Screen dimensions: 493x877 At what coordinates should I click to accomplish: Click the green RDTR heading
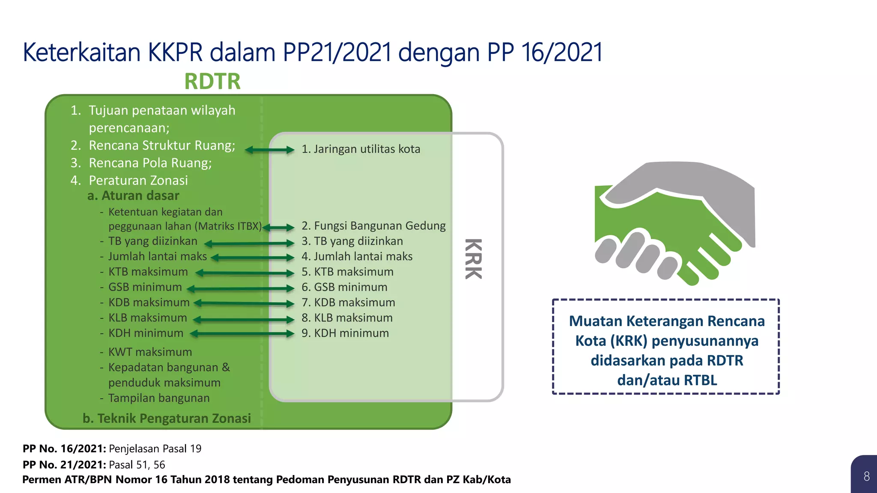[x=212, y=81]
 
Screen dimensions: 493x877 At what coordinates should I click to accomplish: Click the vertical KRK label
[x=474, y=258]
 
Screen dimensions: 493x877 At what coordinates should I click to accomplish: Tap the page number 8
[x=866, y=476]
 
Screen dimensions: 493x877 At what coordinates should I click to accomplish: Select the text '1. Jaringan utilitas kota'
[x=361, y=149]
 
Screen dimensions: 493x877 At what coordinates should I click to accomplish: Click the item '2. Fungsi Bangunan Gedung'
[x=373, y=226]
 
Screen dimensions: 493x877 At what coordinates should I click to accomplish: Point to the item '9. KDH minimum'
[x=345, y=333]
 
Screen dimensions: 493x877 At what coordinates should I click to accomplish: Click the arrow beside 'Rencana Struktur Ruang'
[x=269, y=150]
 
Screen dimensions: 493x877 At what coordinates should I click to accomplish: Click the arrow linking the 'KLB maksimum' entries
[x=243, y=319]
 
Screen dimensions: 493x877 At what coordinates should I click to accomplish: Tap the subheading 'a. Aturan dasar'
[x=133, y=196]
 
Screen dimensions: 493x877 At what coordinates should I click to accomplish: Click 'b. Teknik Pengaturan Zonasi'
[x=167, y=418]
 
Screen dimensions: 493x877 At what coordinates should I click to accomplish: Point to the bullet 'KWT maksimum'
[x=150, y=352]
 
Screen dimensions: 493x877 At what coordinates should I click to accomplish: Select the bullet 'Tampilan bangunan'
[x=158, y=398]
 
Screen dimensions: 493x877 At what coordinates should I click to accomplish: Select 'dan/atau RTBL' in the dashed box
[x=667, y=380]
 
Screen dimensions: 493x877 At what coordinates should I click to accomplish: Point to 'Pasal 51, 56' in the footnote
[x=137, y=465]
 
